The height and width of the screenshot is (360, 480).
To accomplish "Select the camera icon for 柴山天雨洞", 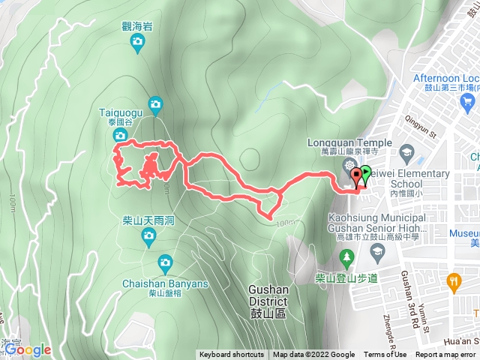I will coord(148,238).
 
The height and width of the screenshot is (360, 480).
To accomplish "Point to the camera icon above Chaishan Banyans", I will coord(165,262).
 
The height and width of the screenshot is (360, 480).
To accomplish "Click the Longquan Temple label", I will coord(349,142).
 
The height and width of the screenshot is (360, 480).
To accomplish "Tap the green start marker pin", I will coord(366,175).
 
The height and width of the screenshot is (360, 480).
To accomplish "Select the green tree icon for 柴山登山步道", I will coord(346,259).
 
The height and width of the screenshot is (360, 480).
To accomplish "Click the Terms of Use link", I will coord(385,355).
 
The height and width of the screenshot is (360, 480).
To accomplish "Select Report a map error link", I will coord(446,355).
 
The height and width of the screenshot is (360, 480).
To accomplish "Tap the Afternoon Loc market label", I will coord(445,78).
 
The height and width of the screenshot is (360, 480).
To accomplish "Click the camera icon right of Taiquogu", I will coord(155,104).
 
